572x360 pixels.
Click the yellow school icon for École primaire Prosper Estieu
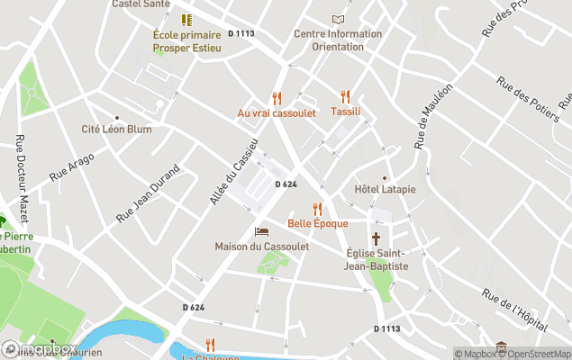click(186, 19)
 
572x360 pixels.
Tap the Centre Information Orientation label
click(338, 40)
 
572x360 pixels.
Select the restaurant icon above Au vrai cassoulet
click(277, 98)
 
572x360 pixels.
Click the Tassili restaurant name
click(345, 112)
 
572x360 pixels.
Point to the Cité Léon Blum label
click(116, 129)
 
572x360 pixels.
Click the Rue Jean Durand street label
click(149, 193)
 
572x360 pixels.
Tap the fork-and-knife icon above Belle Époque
click(317, 209)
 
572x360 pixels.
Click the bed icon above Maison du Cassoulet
click(261, 232)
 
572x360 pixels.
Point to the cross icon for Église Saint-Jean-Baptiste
click(377, 238)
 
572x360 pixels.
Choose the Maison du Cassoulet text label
click(261, 247)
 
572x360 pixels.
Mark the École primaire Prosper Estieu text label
click(186, 41)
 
